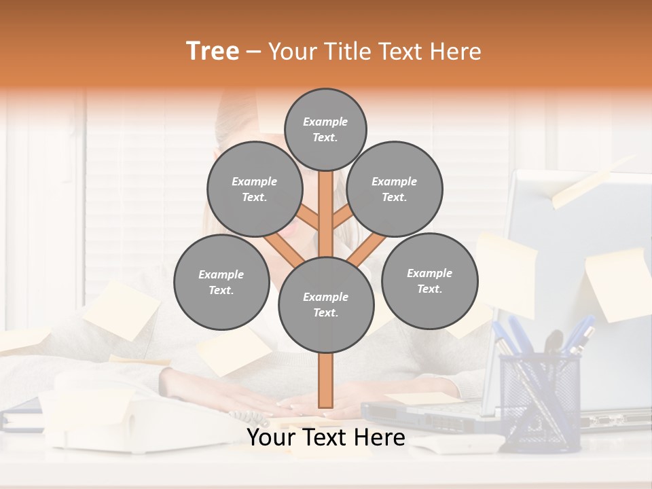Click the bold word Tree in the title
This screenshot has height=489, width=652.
click(213, 52)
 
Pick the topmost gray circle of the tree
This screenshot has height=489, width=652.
click(325, 129)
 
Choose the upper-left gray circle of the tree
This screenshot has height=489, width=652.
click(255, 189)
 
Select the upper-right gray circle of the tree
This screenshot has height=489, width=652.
click(395, 189)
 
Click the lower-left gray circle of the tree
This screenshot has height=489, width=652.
click(221, 283)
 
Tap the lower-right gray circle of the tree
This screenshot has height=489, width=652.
click(429, 281)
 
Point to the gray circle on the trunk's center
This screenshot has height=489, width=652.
click(326, 305)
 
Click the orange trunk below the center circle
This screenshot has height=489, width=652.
click(326, 380)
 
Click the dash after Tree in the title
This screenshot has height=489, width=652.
click(254, 52)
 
